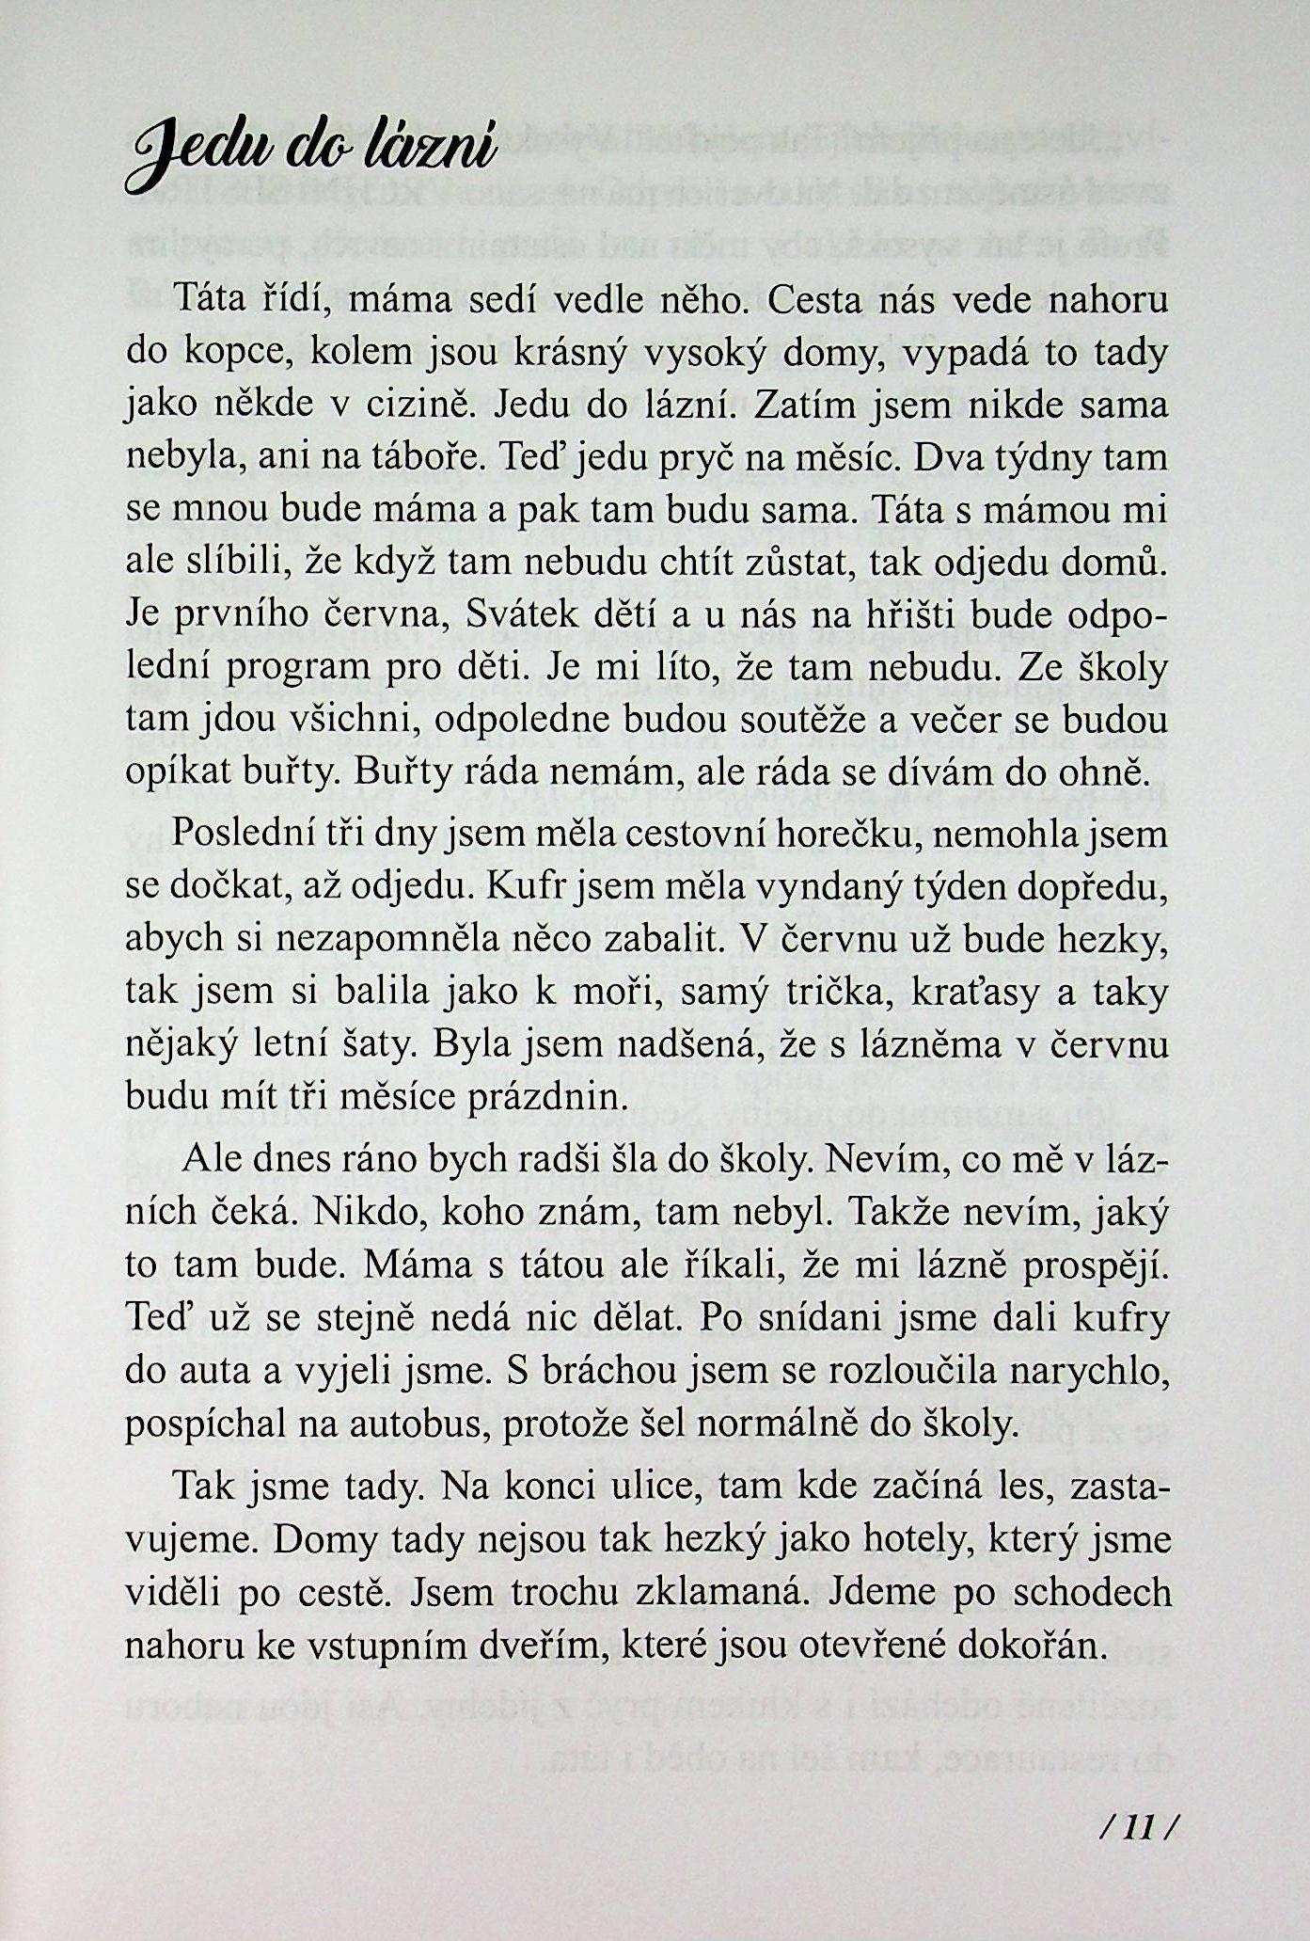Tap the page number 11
pos(1138,1829)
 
